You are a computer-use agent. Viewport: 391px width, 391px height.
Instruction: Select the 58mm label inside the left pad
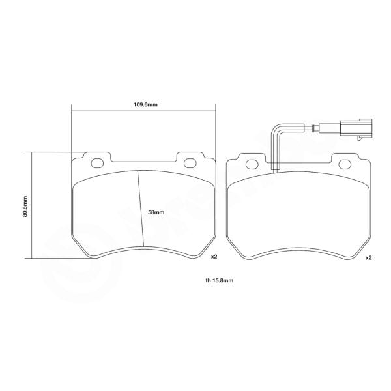point(156,212)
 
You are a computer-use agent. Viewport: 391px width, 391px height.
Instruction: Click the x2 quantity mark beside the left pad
point(213,257)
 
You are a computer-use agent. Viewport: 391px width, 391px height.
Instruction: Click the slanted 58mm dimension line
point(140,209)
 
